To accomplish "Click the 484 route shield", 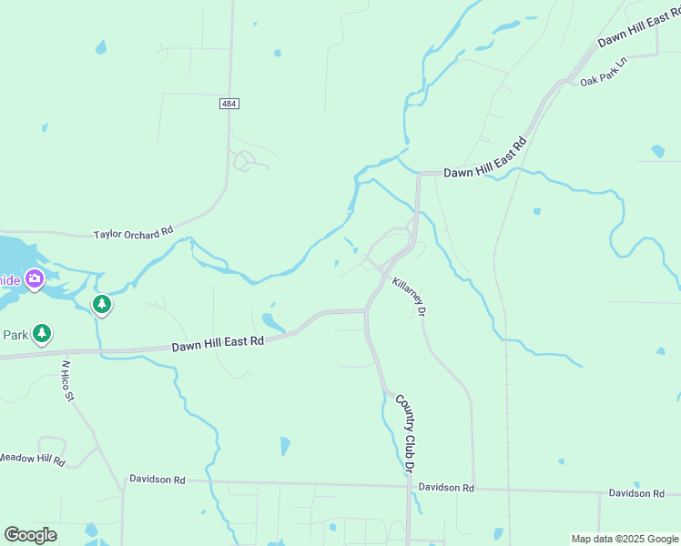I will coord(229,105).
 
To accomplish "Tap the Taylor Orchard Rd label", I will coord(133,234).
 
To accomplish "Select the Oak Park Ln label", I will coord(605,73).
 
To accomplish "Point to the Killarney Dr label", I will coord(410,297).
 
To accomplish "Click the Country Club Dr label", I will coord(404,432).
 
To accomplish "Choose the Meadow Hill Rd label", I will coord(32,459).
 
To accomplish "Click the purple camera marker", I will coord(35,278).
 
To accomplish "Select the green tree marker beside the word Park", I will coord(41,334).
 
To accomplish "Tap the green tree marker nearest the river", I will coord(103,304).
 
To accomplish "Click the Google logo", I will coord(30,535).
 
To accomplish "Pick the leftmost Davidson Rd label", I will coord(157,479).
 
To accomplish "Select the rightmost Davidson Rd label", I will coord(636,493).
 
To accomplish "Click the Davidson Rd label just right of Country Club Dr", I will coord(446,488).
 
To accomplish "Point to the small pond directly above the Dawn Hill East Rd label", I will coord(272,320).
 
